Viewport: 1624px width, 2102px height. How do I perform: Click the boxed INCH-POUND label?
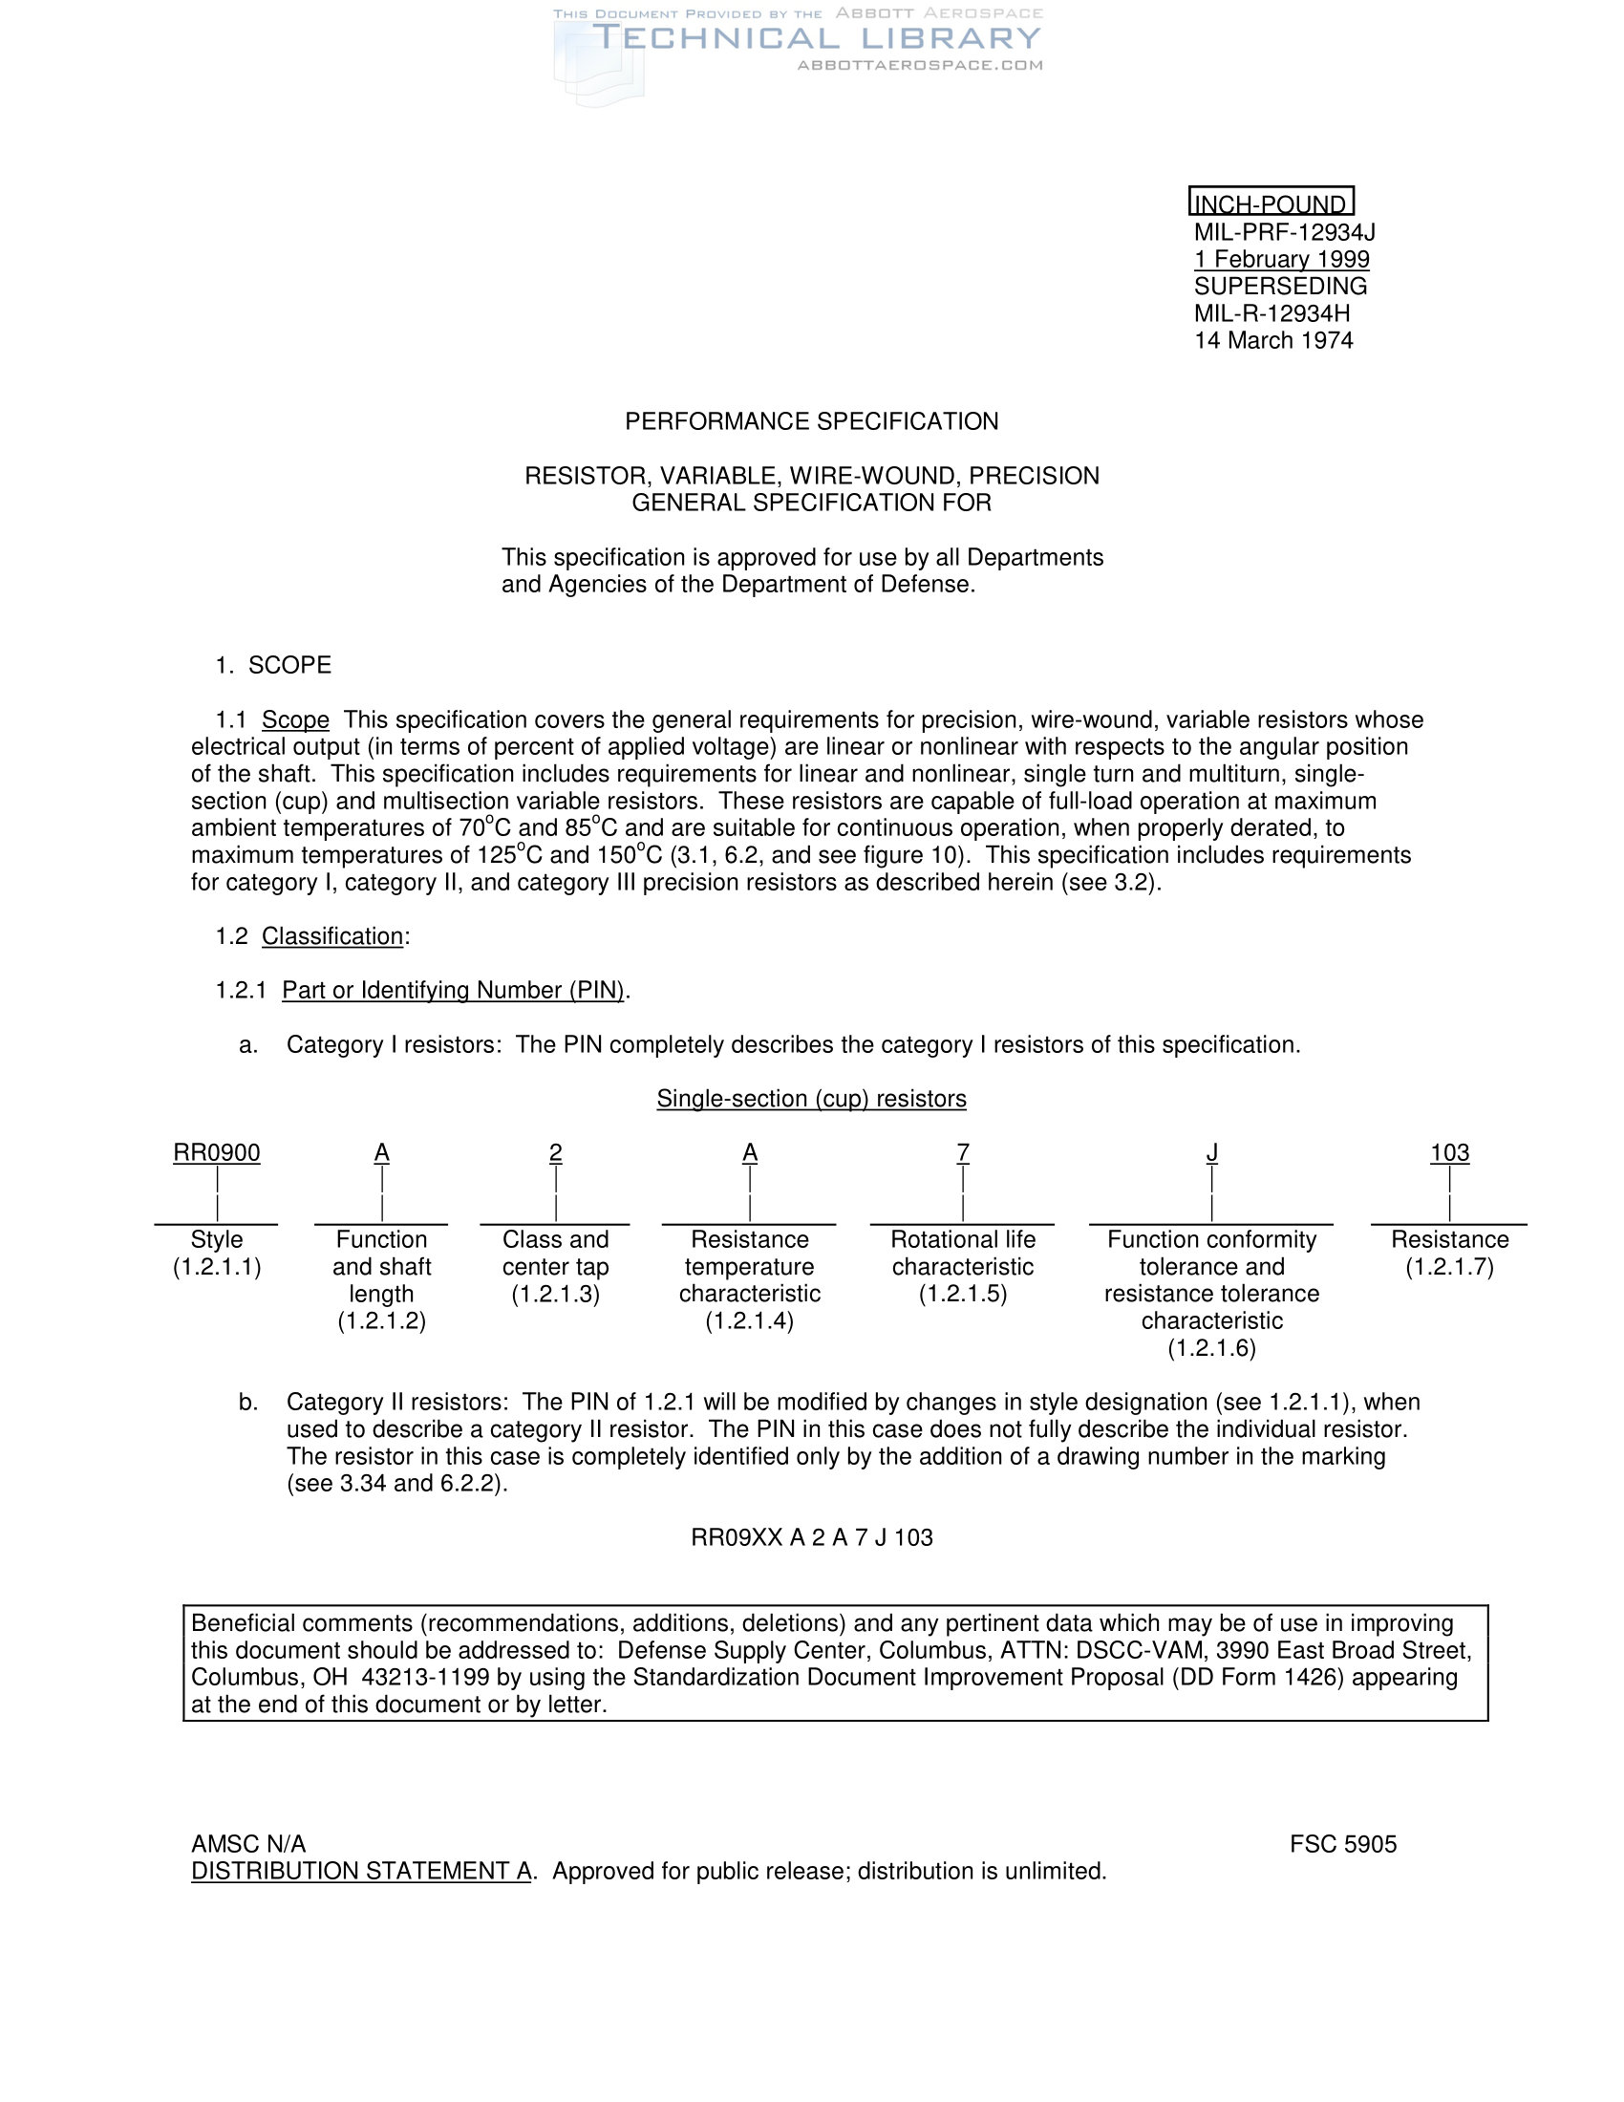(x=1270, y=204)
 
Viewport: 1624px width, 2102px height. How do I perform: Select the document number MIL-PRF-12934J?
(x=1284, y=232)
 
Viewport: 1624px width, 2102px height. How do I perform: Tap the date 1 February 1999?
(x=1281, y=259)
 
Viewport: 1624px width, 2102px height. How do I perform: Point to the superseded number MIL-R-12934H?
(x=1271, y=312)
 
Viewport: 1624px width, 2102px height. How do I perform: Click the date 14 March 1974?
(x=1272, y=340)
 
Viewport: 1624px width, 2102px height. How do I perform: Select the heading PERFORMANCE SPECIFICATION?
(x=811, y=421)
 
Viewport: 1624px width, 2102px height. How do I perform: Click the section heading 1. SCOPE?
(x=273, y=665)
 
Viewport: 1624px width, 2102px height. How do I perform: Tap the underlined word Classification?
(x=331, y=935)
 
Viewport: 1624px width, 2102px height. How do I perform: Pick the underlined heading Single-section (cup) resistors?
(x=811, y=1098)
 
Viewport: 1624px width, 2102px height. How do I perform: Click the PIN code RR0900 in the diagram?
(x=217, y=1152)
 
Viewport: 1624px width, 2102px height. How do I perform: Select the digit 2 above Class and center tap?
(x=555, y=1152)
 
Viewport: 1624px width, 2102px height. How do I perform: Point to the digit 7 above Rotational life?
(x=962, y=1152)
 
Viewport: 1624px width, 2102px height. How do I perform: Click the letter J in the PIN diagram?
(x=1211, y=1152)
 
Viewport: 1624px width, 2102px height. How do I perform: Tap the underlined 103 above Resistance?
(x=1449, y=1152)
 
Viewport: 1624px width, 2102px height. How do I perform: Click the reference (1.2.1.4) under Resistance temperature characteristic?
(x=749, y=1320)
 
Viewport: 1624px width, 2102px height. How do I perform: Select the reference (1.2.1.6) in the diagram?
(x=1211, y=1347)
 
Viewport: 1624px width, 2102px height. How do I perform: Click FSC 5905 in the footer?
(x=1342, y=1844)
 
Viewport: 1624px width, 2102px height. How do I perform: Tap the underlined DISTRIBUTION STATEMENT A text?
(x=362, y=1871)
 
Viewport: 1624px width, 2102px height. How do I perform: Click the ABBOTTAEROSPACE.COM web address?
(x=920, y=65)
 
